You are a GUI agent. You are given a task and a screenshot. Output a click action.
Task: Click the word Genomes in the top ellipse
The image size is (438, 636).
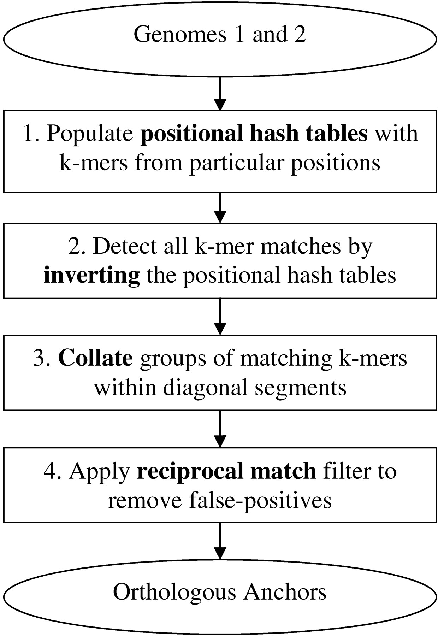[x=180, y=35]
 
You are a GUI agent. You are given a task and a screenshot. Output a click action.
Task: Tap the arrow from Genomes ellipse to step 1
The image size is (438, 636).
[x=220, y=93]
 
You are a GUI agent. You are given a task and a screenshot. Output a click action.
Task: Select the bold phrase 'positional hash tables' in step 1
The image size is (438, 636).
[x=254, y=134]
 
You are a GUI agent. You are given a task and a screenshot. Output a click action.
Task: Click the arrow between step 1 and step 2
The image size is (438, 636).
[x=220, y=208]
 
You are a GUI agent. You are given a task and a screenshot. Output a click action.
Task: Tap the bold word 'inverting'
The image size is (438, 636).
[x=92, y=276]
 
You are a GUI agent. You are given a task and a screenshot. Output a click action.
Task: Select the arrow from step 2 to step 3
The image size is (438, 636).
[x=220, y=317]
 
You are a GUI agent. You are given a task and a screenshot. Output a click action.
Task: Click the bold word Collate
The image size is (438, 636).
[x=95, y=358]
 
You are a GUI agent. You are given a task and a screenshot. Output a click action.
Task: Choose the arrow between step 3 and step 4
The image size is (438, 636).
[x=220, y=429]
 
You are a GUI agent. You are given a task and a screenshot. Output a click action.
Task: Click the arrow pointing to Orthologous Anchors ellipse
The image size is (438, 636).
[x=220, y=541]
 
